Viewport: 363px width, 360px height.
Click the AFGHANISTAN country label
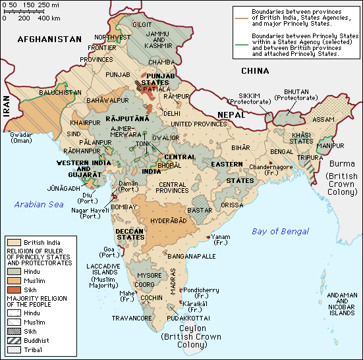point(49,39)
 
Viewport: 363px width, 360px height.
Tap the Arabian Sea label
point(40,204)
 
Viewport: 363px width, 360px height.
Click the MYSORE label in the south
point(149,276)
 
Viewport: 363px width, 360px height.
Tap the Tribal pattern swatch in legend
point(13,349)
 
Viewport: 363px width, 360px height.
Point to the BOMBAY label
point(125,207)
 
